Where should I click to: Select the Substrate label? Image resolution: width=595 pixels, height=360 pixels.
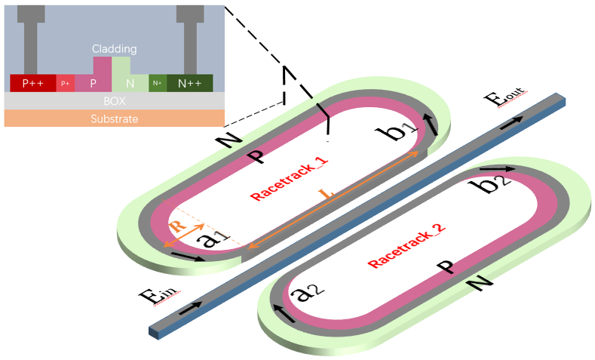[x=114, y=118]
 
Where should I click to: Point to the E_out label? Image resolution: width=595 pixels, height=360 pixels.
[x=504, y=95]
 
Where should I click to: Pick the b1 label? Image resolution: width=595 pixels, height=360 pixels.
[x=401, y=133]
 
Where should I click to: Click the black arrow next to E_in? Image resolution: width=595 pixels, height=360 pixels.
[x=191, y=306]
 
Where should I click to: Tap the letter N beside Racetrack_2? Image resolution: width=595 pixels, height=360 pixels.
[x=479, y=282]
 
